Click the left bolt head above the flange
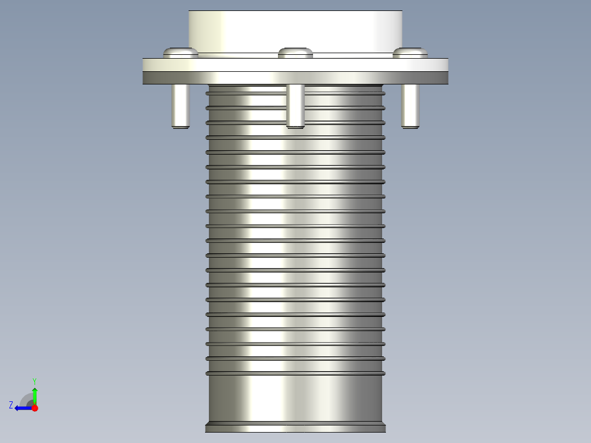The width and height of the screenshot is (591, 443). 180,52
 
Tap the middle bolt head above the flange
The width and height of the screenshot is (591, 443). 295,53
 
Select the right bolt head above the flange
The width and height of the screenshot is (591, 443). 410,52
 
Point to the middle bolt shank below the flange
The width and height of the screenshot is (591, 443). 295,104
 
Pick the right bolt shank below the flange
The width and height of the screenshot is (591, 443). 410,104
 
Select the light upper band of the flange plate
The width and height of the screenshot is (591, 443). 295,64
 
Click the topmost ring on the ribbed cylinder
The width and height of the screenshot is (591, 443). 295,93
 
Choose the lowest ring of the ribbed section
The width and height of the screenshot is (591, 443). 295,373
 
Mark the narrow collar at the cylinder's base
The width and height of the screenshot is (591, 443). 295,427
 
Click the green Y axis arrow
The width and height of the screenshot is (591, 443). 35,394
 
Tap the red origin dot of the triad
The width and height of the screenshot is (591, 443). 35,408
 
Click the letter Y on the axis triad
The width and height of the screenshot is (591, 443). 34,380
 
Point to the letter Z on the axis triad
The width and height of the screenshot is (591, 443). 11,405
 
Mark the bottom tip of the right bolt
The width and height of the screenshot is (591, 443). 410,127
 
